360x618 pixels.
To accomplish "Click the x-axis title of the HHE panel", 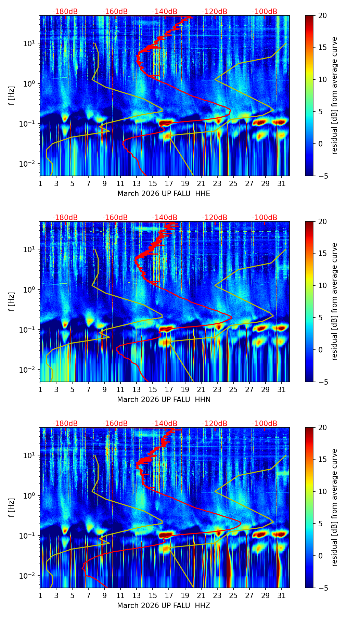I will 164,194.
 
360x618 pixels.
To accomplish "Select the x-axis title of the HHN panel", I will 164,400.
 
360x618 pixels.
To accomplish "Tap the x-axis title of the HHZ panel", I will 164,606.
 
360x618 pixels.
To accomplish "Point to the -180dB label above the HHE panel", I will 65,12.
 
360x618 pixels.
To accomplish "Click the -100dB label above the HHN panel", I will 265,218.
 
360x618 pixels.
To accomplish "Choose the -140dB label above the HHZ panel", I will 165,424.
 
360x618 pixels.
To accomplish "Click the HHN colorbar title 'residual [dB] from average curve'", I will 335,301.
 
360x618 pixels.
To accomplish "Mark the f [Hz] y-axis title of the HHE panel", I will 12,96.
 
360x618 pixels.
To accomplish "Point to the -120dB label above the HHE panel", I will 215,12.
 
